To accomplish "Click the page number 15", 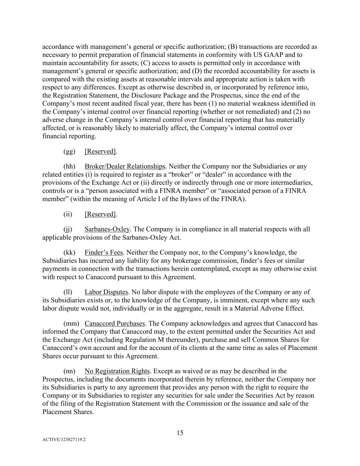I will coord(180,433).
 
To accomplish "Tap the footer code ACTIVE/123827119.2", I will coord(64,440).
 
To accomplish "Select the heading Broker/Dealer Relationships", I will coord(125,166).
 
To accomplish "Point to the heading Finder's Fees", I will coord(104,253).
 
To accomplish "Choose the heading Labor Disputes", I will coord(106,292).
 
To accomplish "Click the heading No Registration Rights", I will coord(117,371).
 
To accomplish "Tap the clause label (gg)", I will coord(69,151).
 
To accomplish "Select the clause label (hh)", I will coord(69,166).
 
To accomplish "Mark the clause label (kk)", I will coord(69,253).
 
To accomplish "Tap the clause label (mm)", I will coord(71,324).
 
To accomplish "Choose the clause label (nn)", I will coord(69,371).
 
